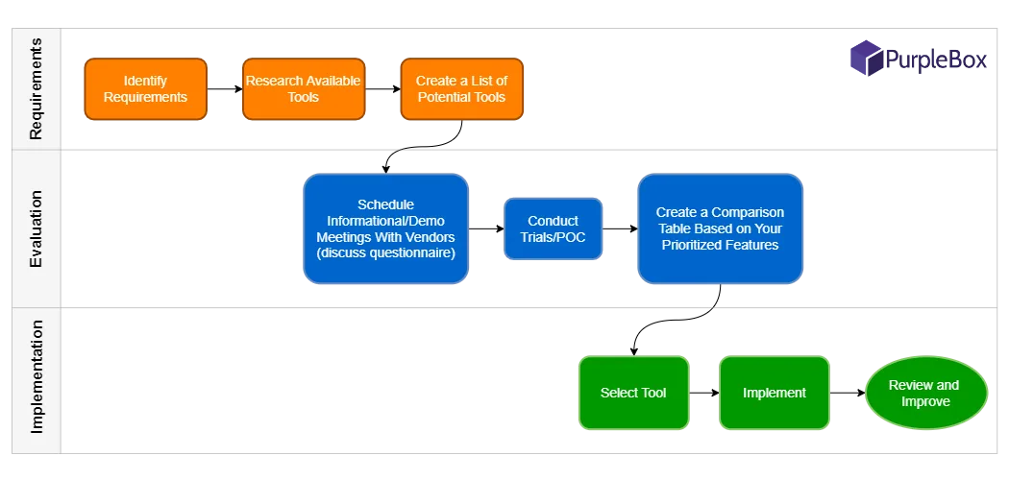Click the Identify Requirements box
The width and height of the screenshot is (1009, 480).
pos(145,89)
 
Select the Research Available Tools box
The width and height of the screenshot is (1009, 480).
pos(303,89)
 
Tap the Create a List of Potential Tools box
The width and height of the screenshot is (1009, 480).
pos(461,89)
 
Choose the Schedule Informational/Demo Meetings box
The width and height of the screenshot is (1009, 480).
pos(385,229)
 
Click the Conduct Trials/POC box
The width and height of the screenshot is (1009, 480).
pos(554,228)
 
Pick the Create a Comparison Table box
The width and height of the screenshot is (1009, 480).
pos(720,228)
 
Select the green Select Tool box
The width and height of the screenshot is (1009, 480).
pos(633,393)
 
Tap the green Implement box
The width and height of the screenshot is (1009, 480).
pos(775,393)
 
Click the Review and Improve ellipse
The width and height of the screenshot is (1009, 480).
pos(923,393)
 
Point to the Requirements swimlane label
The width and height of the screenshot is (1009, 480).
pos(36,89)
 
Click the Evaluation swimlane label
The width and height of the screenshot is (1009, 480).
pos(36,229)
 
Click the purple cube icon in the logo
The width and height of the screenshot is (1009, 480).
pos(866,58)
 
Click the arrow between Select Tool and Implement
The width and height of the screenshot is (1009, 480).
pos(704,393)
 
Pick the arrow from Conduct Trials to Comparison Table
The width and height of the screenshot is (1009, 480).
pos(621,229)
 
